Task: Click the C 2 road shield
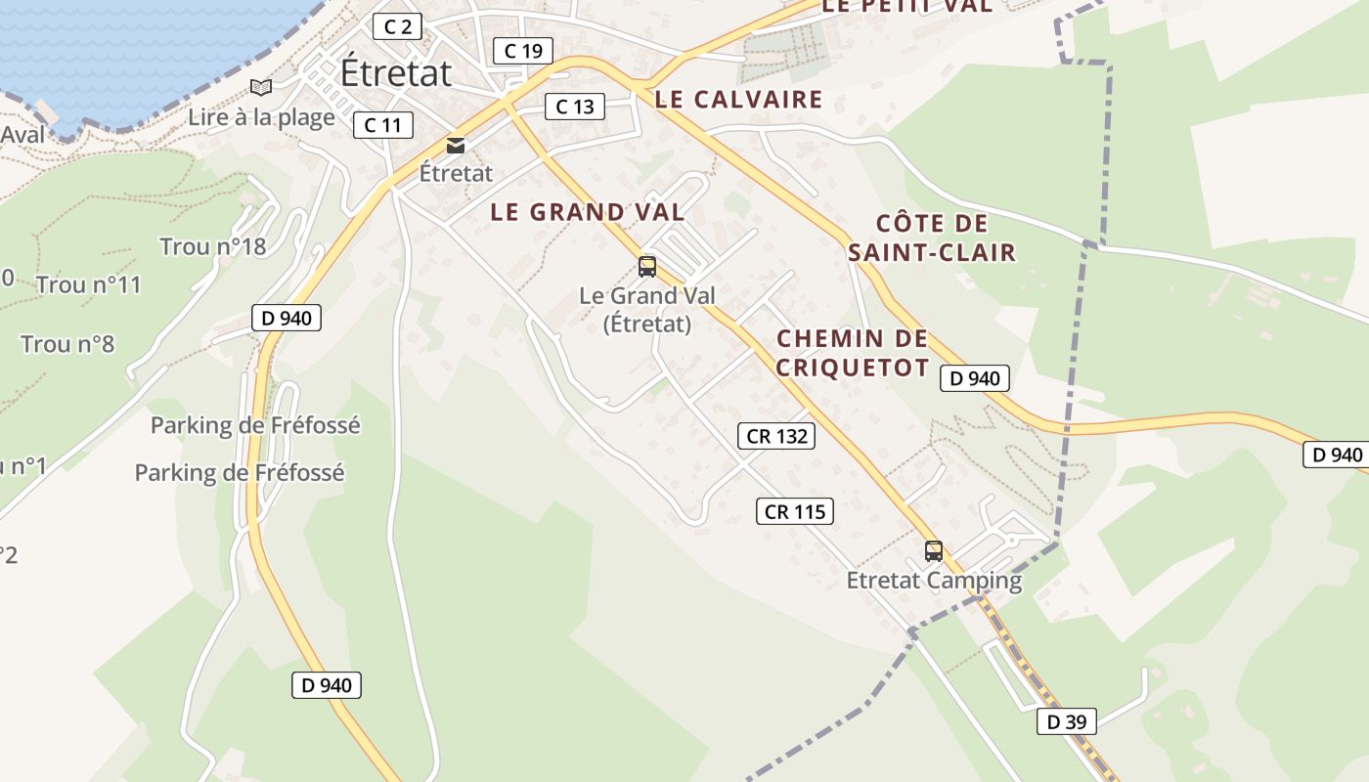(x=397, y=26)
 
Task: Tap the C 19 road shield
(x=523, y=51)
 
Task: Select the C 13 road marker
(x=574, y=107)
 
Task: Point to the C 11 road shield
(x=382, y=125)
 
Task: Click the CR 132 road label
(x=777, y=436)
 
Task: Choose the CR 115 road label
(x=795, y=511)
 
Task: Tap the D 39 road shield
(x=1066, y=722)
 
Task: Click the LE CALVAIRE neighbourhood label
(x=738, y=99)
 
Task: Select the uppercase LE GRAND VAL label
(x=587, y=212)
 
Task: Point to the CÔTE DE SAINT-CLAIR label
(x=932, y=239)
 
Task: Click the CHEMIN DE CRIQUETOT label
(x=852, y=353)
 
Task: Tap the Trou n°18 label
(x=213, y=246)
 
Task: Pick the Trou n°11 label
(x=89, y=285)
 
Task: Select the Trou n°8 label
(x=67, y=344)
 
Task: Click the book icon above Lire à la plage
(x=260, y=88)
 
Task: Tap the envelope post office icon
(x=456, y=146)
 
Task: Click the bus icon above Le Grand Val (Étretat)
(x=646, y=266)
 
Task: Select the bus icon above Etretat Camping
(x=934, y=550)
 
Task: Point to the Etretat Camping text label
(x=934, y=581)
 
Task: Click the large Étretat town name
(x=396, y=72)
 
